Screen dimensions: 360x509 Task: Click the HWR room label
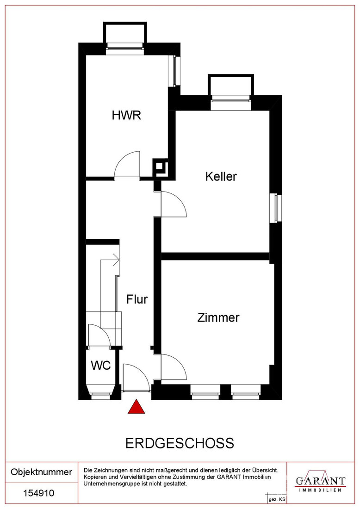(126, 115)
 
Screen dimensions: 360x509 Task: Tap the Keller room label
(221, 176)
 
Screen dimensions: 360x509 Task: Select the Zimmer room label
(218, 317)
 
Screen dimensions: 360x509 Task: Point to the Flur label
(137, 299)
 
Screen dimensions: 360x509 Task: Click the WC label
(100, 365)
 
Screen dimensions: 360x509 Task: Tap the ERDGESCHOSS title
(180, 443)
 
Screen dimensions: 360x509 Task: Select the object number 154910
(38, 493)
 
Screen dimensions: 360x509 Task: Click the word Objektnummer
(41, 472)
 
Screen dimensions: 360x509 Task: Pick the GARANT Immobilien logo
(320, 482)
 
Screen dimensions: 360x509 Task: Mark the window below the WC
(100, 396)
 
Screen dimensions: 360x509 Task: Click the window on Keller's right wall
(276, 208)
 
